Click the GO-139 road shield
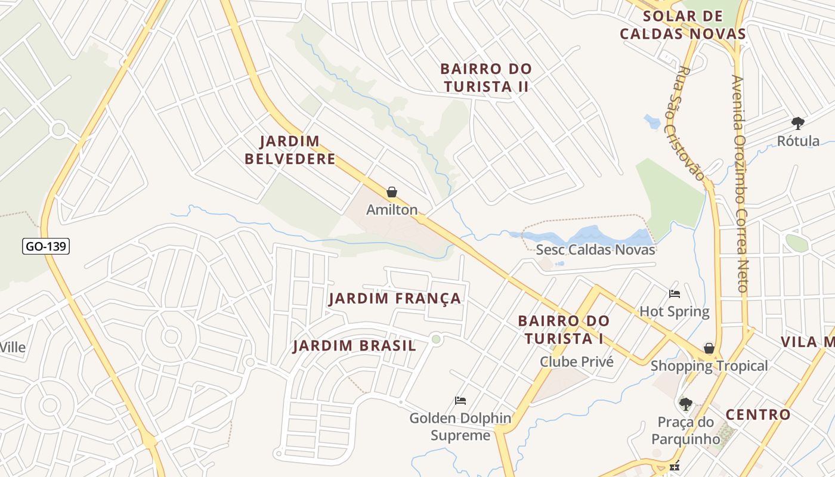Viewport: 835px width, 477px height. tap(46, 246)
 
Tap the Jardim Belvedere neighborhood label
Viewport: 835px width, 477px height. tap(290, 150)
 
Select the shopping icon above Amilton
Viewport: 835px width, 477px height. tap(392, 192)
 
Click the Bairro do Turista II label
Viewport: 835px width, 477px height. tap(486, 78)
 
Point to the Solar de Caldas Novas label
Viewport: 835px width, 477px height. tap(683, 25)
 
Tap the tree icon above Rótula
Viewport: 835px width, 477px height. tap(797, 123)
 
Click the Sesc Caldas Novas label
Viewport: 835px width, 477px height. tap(595, 250)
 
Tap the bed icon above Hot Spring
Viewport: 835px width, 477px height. tap(675, 294)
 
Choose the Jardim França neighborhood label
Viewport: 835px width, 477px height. tap(395, 298)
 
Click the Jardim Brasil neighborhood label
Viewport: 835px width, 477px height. tap(354, 346)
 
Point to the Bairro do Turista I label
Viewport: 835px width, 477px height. tap(564, 330)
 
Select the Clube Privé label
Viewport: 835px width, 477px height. tap(576, 361)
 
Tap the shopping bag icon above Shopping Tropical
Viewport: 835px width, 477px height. tap(709, 348)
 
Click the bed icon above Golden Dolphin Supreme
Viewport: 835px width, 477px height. tap(460, 400)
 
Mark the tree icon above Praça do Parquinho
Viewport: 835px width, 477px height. tap(686, 404)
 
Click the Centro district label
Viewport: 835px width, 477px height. tap(757, 414)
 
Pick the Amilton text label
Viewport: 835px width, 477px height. tap(392, 210)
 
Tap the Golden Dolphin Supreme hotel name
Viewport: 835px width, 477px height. tap(460, 427)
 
